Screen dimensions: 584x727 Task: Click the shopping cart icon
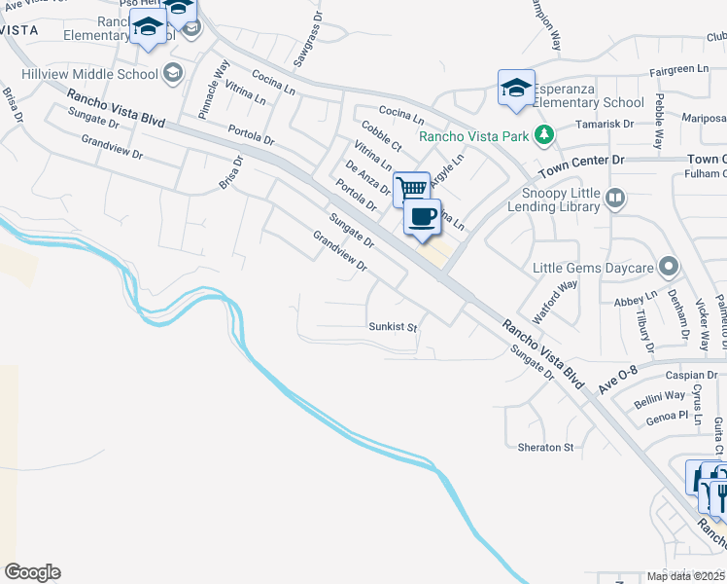(412, 187)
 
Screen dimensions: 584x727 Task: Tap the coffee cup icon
(422, 216)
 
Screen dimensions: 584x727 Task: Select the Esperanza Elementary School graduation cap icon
(516, 88)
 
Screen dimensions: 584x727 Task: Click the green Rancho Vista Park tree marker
(545, 135)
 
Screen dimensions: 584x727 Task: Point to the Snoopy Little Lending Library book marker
(614, 199)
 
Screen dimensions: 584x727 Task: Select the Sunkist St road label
(392, 327)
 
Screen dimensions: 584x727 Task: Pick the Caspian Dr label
(690, 374)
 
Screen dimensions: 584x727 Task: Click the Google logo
(32, 571)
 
